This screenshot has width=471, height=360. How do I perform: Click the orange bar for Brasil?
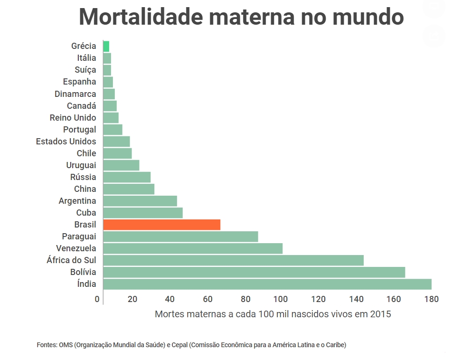click(x=161, y=225)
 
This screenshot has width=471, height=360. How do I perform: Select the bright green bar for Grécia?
click(x=106, y=46)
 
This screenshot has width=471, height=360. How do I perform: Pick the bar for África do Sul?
click(x=233, y=260)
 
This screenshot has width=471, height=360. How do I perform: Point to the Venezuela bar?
click(x=192, y=248)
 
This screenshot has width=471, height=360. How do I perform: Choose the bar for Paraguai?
click(x=180, y=237)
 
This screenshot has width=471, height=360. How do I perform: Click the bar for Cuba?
click(x=142, y=213)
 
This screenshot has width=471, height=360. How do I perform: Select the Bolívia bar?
click(x=254, y=272)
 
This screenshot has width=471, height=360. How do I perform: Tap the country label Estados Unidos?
click(x=66, y=142)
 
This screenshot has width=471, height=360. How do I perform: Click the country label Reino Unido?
click(x=73, y=118)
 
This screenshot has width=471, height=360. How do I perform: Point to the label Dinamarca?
click(x=75, y=94)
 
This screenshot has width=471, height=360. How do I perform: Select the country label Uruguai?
click(x=81, y=165)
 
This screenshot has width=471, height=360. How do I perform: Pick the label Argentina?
click(x=77, y=201)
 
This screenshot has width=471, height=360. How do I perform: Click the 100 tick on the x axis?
click(x=281, y=299)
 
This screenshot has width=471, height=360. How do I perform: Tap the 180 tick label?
click(x=431, y=299)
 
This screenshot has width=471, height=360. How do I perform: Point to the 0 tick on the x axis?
click(x=97, y=299)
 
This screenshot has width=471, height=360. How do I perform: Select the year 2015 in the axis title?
click(x=380, y=314)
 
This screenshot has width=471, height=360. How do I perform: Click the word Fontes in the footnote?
click(x=47, y=345)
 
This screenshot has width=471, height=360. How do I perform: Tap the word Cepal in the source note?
click(x=179, y=345)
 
